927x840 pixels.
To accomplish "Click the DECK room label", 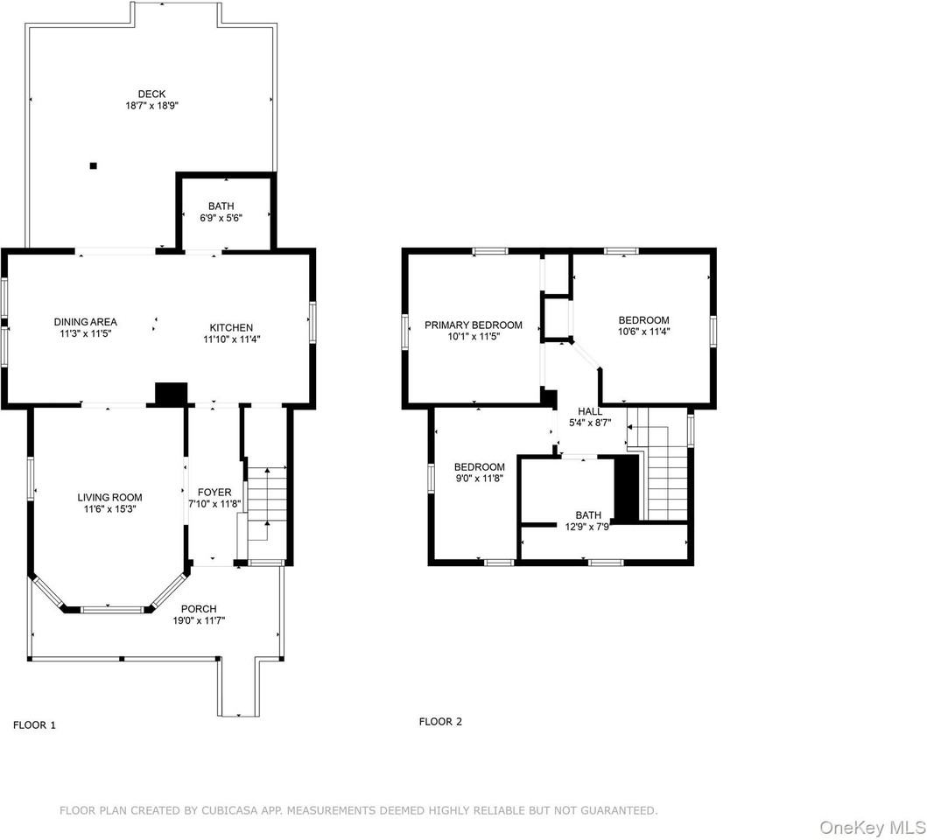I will tap(151, 94).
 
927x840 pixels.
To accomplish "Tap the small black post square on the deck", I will tap(94, 165).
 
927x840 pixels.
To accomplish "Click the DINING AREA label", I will tap(85, 322).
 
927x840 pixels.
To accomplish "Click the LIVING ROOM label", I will tap(109, 497).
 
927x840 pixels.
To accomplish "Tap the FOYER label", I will tap(214, 493).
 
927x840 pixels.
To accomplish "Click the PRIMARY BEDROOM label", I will tap(473, 325).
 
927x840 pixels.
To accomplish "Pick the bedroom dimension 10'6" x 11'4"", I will tap(643, 332).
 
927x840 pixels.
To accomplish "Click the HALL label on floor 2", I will tap(590, 411).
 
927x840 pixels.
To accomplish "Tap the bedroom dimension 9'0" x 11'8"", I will tap(479, 478).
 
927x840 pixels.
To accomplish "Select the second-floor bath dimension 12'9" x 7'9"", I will tap(588, 526).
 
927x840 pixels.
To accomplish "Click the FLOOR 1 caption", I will tap(34, 725).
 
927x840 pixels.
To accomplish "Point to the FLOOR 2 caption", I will tap(440, 722).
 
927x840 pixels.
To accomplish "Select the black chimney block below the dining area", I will tap(171, 394).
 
